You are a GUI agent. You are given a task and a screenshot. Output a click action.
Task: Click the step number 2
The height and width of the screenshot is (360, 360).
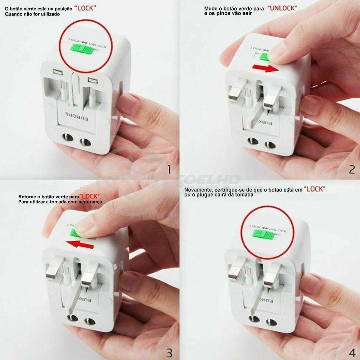click(x=352, y=169)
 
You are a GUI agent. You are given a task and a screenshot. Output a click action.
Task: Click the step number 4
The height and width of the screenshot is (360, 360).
click(x=352, y=352)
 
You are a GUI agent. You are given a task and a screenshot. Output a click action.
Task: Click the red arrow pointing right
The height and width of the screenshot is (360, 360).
click(x=265, y=68)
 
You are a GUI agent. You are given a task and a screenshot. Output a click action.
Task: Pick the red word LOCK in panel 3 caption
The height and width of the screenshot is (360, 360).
click(x=90, y=197)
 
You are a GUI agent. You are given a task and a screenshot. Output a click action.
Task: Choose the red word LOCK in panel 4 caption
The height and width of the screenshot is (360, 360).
click(x=315, y=189)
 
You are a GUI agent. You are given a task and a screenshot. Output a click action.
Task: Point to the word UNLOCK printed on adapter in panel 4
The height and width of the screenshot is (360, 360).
click(x=278, y=230)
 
